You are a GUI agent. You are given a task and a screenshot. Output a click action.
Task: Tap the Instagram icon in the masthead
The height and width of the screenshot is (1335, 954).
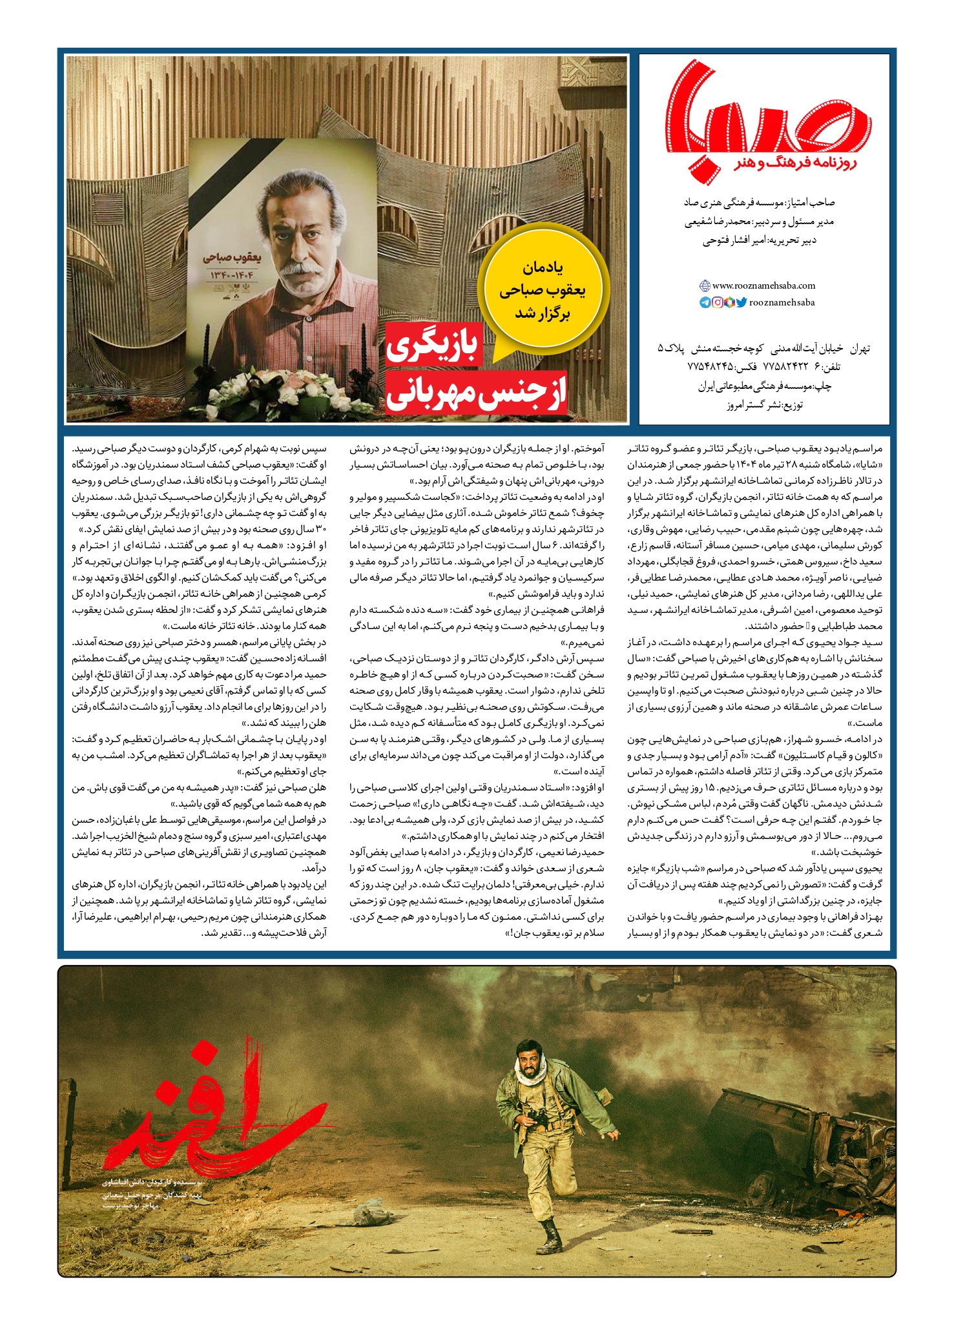click(x=718, y=302)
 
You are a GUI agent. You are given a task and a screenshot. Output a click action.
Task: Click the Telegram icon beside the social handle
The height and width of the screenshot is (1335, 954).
click(x=705, y=302)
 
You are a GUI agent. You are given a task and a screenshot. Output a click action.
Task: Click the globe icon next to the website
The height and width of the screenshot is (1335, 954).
click(x=705, y=285)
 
